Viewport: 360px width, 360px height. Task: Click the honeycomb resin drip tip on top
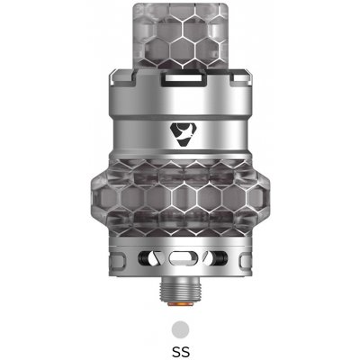179,40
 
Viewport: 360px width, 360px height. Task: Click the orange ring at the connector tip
180,303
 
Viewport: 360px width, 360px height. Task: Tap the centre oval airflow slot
180,257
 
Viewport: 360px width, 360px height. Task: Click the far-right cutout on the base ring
240,257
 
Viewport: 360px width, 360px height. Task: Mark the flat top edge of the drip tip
179,9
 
